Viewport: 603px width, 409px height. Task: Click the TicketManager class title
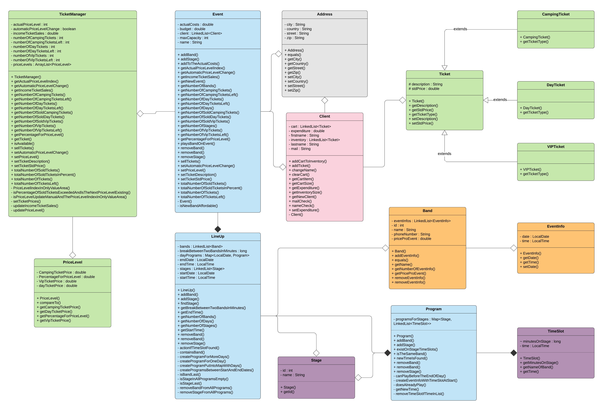(x=72, y=14)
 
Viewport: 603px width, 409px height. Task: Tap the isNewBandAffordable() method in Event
(x=199, y=206)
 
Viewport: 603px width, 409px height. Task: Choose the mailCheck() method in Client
(x=301, y=201)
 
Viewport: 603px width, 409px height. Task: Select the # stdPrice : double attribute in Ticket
(x=424, y=89)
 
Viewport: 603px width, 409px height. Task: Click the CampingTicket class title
(x=556, y=14)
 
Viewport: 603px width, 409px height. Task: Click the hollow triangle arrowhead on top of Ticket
(x=444, y=68)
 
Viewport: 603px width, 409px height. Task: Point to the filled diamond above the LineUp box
(x=218, y=229)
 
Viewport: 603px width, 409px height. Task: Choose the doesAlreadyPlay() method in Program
(x=411, y=385)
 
